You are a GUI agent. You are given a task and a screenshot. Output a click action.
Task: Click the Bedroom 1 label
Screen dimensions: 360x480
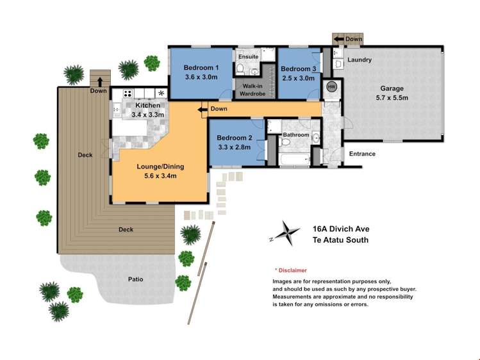(x=201, y=68)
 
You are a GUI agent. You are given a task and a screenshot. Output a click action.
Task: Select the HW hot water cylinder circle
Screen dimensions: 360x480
(x=331, y=86)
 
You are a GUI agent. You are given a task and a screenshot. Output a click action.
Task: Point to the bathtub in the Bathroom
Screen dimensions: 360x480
(x=294, y=156)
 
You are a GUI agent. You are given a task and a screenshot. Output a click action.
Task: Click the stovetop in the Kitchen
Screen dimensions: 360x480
(x=127, y=93)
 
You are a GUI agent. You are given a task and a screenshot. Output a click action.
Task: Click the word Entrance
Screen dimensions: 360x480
(x=362, y=154)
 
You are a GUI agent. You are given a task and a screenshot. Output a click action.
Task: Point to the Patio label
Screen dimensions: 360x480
(x=135, y=279)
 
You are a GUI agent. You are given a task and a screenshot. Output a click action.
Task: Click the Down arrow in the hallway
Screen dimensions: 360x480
(x=204, y=110)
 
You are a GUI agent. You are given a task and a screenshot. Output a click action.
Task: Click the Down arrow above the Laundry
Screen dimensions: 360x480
(x=338, y=39)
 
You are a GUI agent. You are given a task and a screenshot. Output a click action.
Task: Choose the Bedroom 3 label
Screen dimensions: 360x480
(x=298, y=69)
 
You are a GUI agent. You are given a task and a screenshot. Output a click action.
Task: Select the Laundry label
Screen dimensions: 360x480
(x=360, y=60)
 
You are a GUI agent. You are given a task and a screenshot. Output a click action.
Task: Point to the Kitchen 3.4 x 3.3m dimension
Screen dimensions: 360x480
(x=147, y=115)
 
